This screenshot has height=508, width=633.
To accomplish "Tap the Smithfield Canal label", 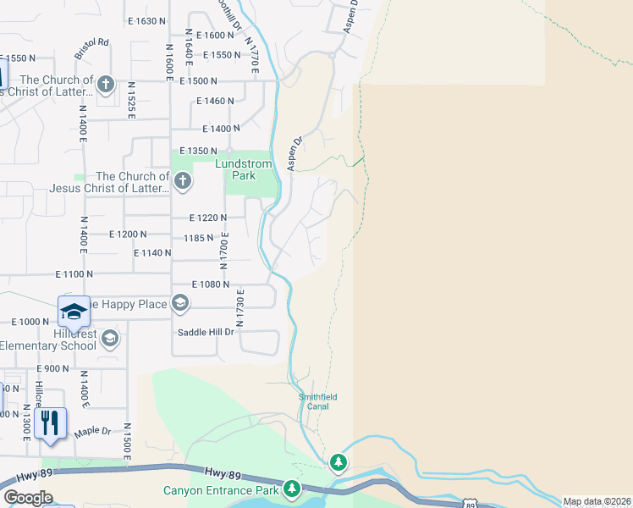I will point(318,400).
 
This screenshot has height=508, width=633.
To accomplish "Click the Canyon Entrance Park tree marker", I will point(292,489).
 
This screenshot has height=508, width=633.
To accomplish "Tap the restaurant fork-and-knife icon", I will point(50,421).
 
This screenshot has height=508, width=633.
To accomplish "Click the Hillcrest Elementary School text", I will point(49,340).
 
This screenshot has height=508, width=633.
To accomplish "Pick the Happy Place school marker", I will point(179,303).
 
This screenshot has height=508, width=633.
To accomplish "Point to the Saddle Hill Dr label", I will point(205,332).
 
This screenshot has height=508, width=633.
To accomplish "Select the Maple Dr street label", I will point(92,432).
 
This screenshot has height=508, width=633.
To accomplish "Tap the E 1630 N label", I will point(146,20).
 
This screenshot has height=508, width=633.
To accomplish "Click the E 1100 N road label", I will point(74,274).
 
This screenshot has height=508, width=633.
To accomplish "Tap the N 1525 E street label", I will point(131,101).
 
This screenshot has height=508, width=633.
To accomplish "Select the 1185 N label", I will point(198,238).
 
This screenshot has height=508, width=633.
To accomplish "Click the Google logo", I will point(29,498).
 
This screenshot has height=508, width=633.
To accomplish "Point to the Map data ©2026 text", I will point(597,501).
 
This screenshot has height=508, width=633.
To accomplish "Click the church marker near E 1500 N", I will point(105,84).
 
